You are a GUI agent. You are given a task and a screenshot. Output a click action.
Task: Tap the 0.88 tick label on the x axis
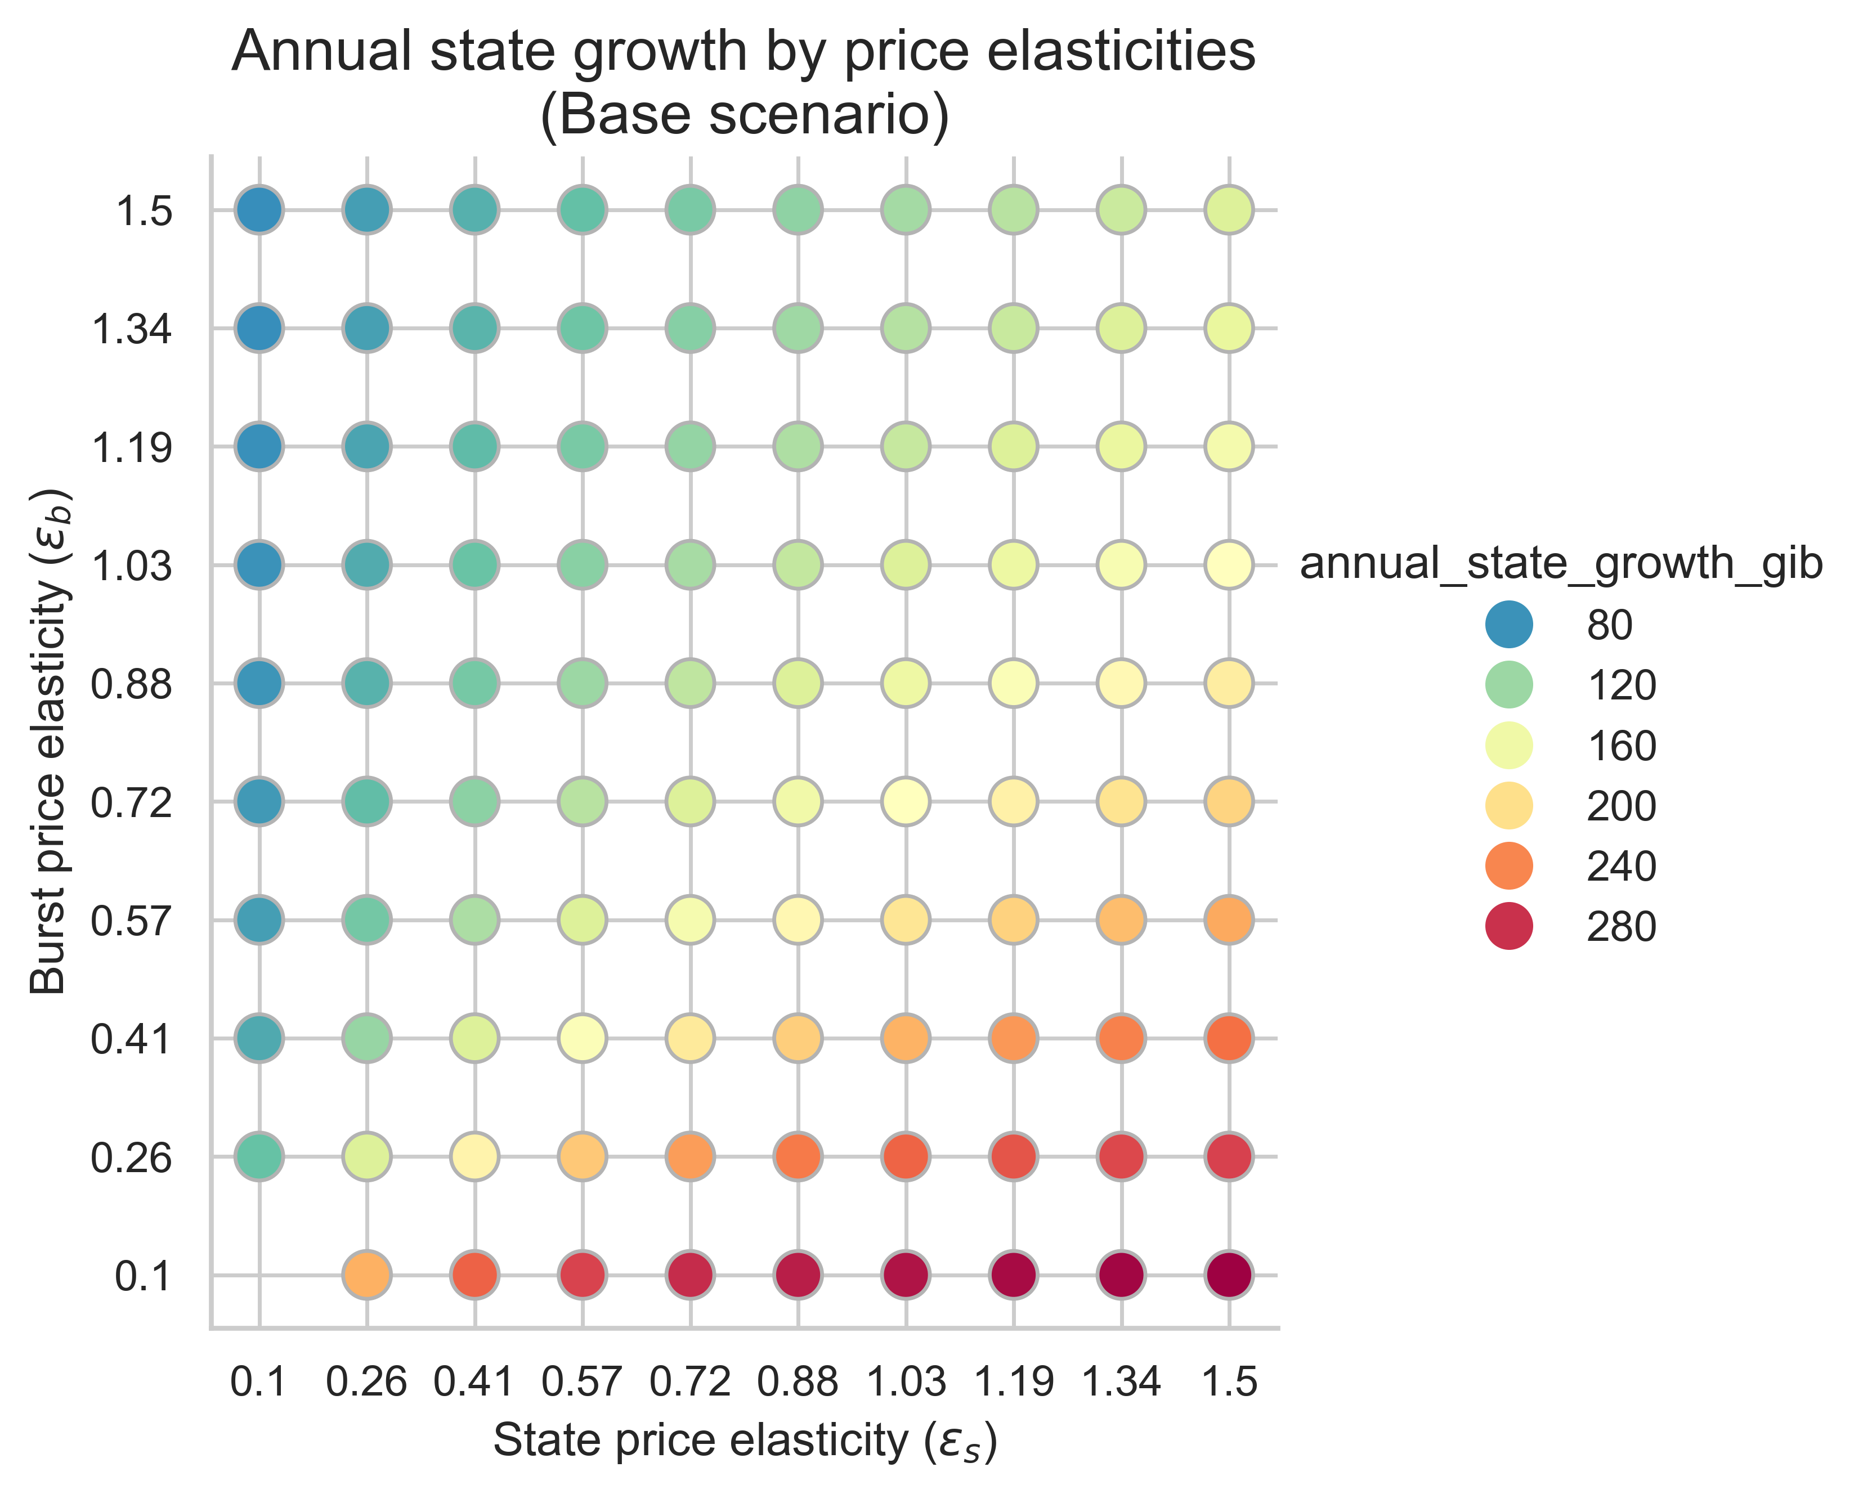tap(798, 1383)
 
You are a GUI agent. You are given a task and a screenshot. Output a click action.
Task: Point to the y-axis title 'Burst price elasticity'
tap(50, 743)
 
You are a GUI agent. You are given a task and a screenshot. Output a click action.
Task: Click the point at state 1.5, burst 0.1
tap(1229, 1275)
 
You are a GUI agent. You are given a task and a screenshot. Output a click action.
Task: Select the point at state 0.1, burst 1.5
tap(259, 210)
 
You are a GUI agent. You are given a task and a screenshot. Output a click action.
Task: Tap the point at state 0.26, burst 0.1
tap(367, 1275)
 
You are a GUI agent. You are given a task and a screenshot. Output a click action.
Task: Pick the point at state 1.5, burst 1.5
tap(1229, 210)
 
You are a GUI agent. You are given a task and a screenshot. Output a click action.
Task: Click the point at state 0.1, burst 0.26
tap(259, 1156)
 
